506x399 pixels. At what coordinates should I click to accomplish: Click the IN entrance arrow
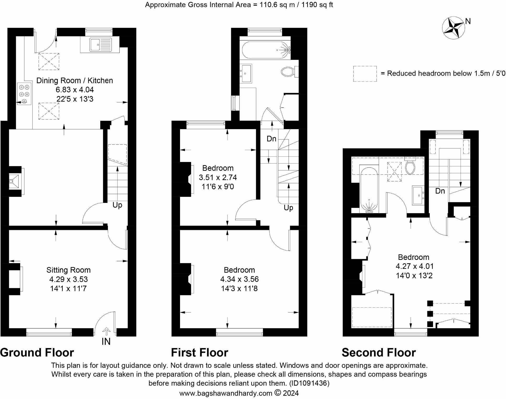coord(106,332)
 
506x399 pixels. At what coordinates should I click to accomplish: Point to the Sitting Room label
coord(68,270)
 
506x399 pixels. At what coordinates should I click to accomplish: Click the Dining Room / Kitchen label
coord(75,81)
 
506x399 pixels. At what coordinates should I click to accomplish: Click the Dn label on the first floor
coord(271,139)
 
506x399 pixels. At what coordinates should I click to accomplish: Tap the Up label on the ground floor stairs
coord(117,205)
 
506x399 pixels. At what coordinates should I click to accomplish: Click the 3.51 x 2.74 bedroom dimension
coord(218,177)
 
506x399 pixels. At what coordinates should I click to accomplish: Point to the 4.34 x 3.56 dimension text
coord(239,279)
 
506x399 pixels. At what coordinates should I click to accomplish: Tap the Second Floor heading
coord(378,353)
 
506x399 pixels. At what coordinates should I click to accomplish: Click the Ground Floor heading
coord(37,353)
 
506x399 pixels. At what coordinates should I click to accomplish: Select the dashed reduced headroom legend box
coord(365,74)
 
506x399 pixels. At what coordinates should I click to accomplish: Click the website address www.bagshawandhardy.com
coord(225,393)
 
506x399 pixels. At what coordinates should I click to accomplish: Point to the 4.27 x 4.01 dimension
coord(414,266)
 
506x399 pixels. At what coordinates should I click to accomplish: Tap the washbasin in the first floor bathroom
coord(246,73)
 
